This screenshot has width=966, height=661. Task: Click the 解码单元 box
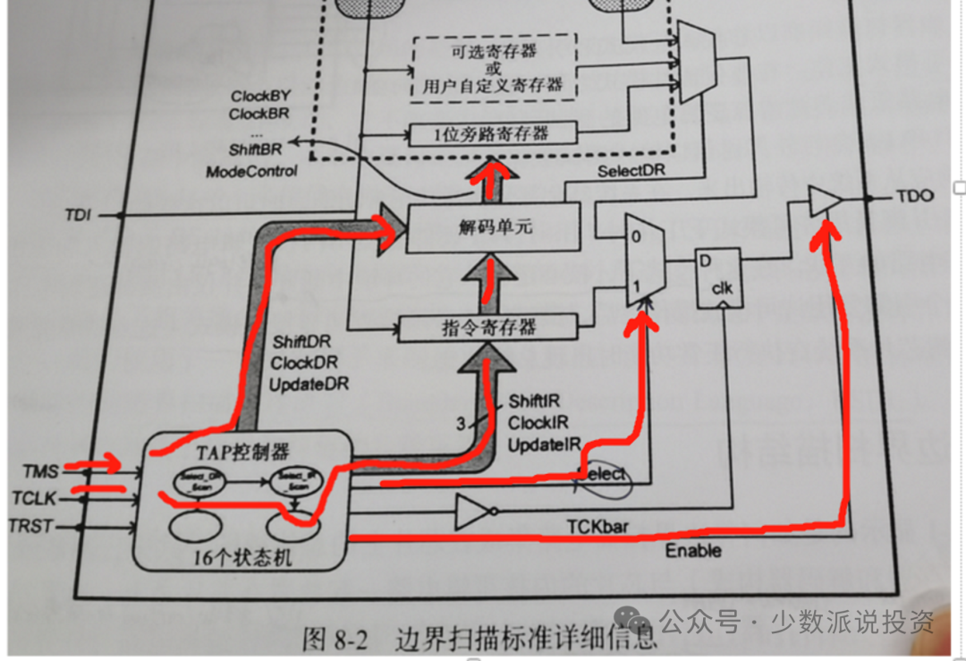493,227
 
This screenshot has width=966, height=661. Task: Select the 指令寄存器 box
487,327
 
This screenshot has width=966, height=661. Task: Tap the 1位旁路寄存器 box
491,134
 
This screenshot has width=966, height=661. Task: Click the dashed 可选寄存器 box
493,68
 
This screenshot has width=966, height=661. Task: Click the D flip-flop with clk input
717,278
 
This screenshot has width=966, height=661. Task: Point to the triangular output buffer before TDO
824,201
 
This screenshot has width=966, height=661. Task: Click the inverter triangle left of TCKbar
471,513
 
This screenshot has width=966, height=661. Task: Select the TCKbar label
596,527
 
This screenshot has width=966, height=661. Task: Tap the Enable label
692,551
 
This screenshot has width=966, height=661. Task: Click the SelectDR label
631,171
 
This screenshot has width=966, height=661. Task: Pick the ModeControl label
251,171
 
